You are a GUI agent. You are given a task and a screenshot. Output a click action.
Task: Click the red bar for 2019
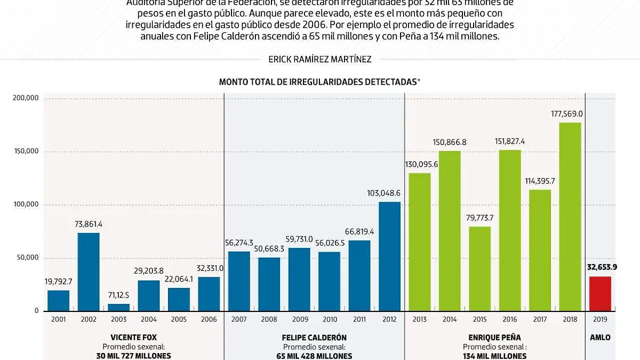[600, 294]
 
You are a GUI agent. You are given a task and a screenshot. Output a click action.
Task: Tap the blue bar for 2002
[89, 272]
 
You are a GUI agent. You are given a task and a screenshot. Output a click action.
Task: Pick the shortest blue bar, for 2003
[118, 308]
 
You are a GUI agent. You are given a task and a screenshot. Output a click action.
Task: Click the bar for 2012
[389, 257]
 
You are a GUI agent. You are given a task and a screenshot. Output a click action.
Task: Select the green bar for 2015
[480, 269]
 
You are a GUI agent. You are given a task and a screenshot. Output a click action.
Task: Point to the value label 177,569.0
[568, 114]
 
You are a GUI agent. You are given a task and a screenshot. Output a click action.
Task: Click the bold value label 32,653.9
[601, 267]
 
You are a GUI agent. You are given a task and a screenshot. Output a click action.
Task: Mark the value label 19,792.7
[58, 281]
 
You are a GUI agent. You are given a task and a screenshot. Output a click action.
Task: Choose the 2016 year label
[510, 320]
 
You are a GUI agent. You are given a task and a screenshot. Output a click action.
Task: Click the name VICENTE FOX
[133, 338]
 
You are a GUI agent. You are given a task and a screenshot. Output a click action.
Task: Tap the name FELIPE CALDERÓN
[314, 338]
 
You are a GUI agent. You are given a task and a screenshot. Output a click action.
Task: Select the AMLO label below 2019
[600, 338]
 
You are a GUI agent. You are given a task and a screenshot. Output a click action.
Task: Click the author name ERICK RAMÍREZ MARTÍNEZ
[319, 60]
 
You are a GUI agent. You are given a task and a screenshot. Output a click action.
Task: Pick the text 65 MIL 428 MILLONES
[314, 356]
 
